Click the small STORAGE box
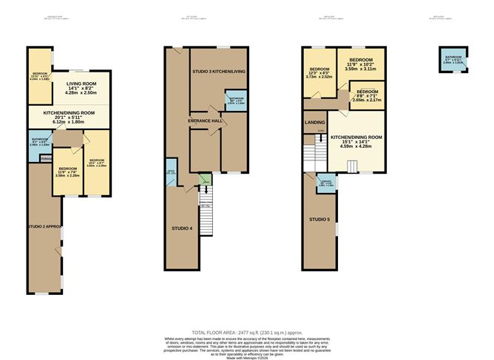tap(46, 157)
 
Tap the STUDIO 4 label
tap(181, 228)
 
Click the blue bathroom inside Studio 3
tap(235, 101)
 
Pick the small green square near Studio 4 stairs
tap(205, 178)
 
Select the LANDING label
tap(314, 122)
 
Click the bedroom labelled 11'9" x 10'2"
tap(360, 63)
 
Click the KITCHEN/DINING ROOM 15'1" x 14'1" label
tap(356, 141)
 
